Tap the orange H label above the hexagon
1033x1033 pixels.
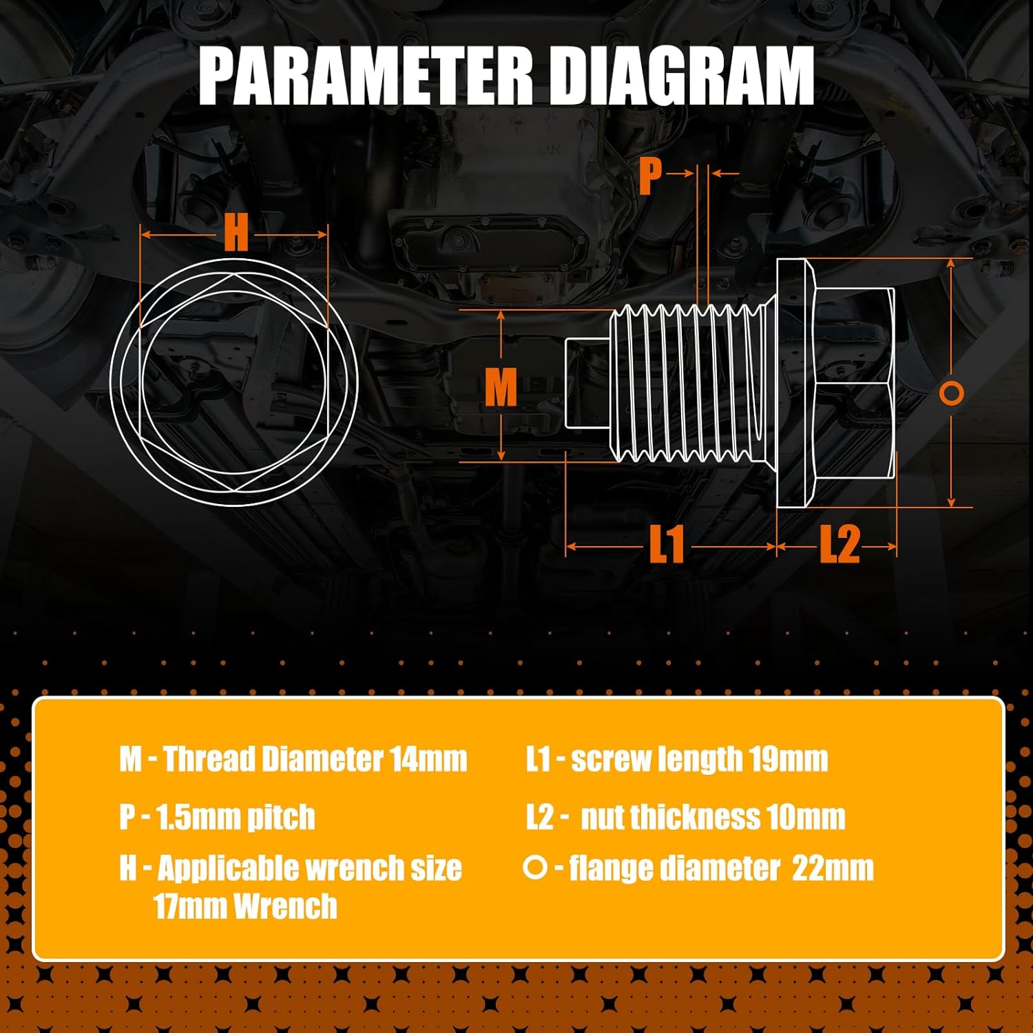point(236,233)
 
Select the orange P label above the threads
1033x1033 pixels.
point(650,175)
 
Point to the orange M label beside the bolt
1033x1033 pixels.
point(501,387)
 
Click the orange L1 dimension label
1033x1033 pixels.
point(667,544)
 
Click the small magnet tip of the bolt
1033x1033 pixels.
point(587,383)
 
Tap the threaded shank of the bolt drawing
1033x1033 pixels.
point(689,383)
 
